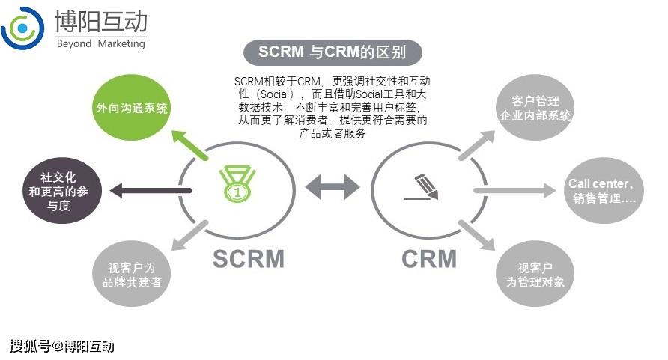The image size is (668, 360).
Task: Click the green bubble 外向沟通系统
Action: (132, 109)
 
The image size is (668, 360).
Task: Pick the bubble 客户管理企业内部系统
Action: (535, 109)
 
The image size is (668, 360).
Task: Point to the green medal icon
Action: (237, 183)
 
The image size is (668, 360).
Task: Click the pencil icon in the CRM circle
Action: (424, 186)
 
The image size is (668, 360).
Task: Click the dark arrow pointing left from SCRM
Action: (150, 191)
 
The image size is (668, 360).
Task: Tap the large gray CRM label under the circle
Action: (429, 258)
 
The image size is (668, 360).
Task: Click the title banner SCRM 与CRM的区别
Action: (333, 52)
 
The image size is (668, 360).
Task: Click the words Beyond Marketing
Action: (100, 43)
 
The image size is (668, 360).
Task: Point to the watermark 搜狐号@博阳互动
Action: (61, 345)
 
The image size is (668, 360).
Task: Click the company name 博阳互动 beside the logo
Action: (101, 20)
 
